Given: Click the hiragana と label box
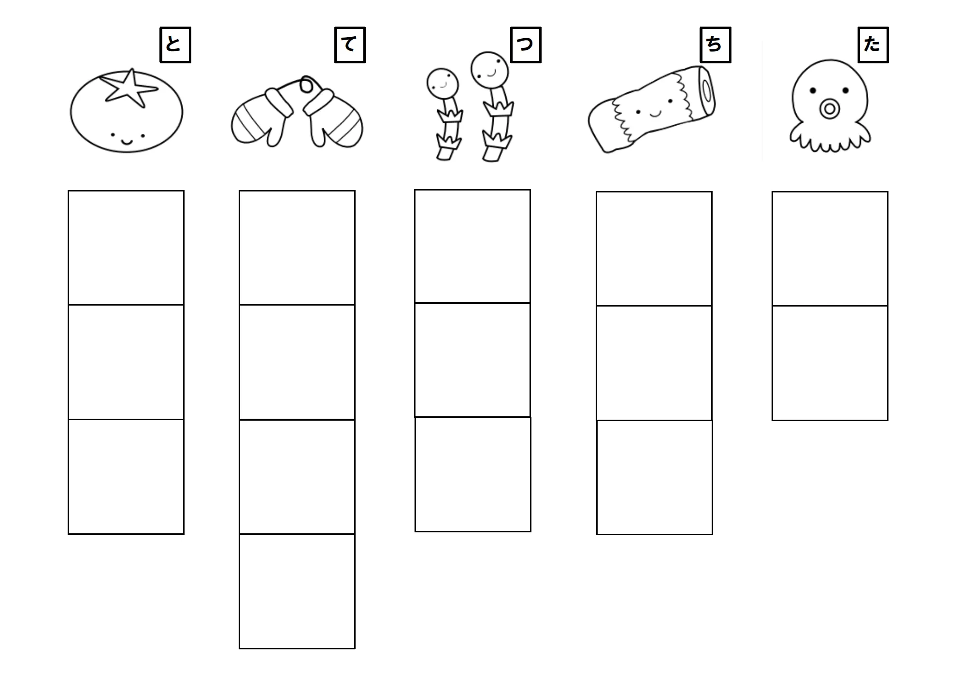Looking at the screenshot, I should [175, 45].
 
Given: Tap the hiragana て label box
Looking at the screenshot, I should [350, 45].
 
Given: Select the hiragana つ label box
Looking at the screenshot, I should [526, 45].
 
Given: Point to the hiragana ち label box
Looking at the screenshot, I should [715, 45].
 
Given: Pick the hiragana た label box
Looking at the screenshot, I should [873, 45].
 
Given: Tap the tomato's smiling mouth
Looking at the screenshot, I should [127, 141].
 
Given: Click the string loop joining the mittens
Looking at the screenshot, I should [306, 86].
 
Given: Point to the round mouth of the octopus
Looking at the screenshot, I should [829, 109].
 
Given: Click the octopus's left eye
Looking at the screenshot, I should [813, 90].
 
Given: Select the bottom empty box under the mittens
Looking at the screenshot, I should [297, 591].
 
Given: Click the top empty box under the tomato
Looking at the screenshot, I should [126, 248].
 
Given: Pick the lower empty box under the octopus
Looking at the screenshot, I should [830, 363].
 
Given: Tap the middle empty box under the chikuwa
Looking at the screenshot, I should [654, 363].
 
